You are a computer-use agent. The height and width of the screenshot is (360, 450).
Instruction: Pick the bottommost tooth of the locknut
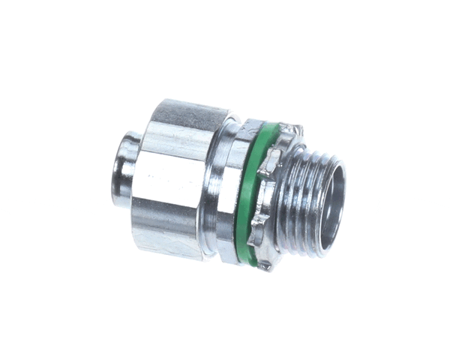coord(264,265)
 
